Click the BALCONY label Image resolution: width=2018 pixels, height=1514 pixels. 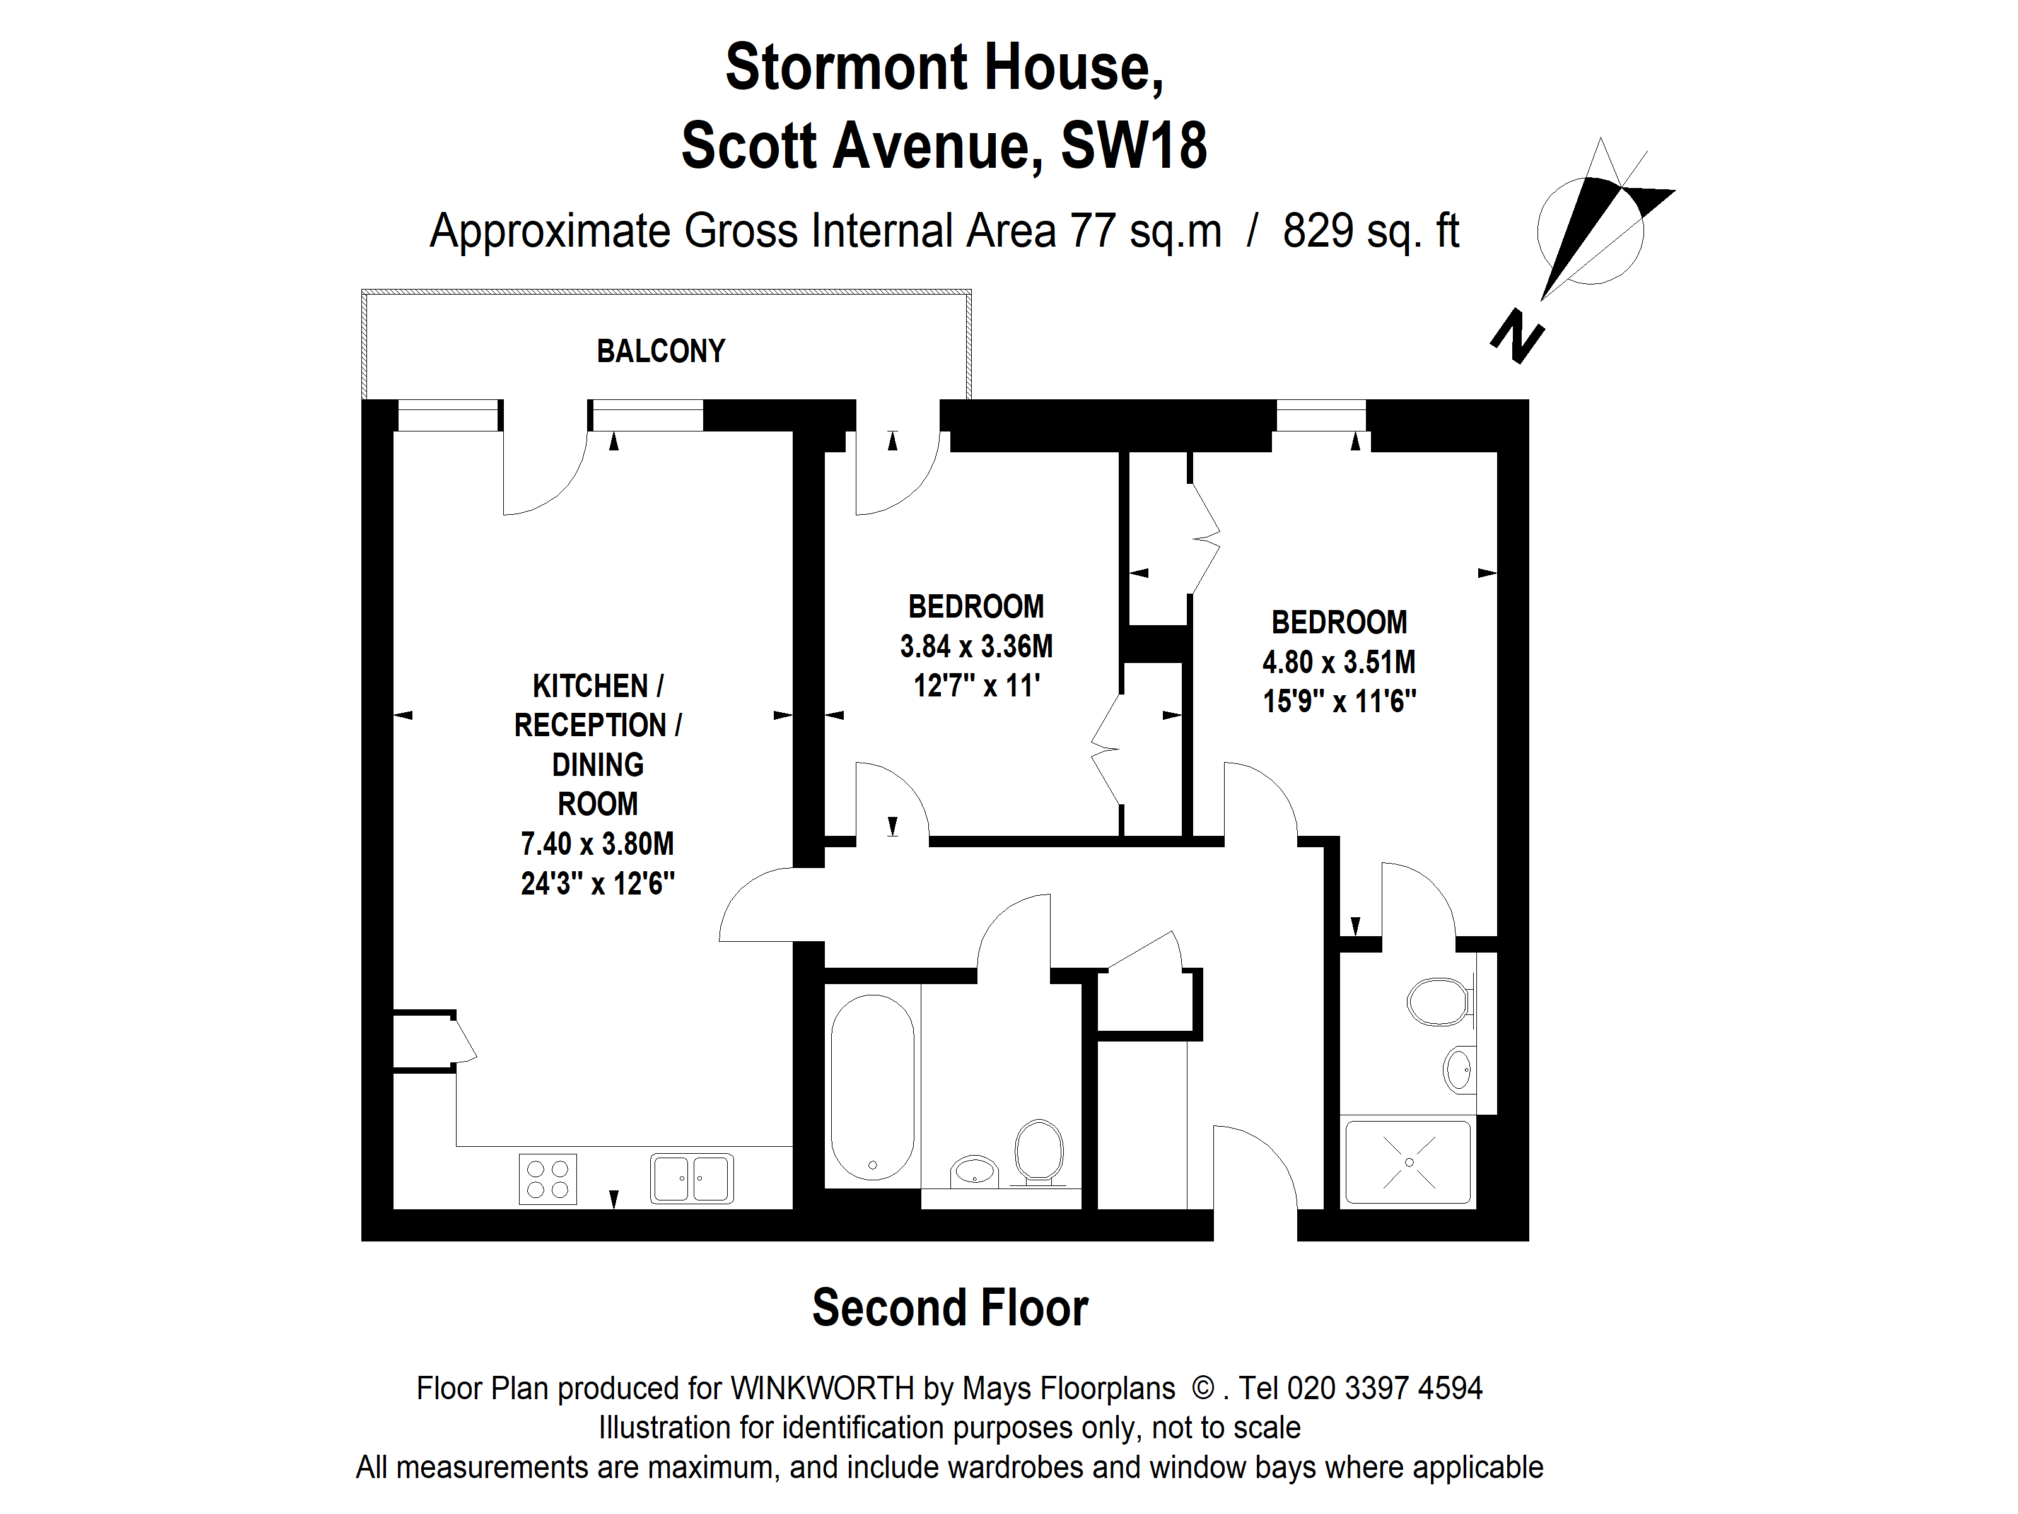[660, 351]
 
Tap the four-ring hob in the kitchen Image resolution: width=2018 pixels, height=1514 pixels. [547, 1179]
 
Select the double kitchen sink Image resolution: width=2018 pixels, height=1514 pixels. [692, 1179]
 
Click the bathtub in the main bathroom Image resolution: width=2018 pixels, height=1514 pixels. [872, 1087]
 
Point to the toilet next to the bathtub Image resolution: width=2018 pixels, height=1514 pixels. [1039, 1152]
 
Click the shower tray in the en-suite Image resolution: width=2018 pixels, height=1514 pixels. [1409, 1162]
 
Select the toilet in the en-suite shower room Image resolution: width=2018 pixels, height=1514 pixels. [1440, 1002]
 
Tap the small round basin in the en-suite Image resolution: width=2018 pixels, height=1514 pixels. [1459, 1069]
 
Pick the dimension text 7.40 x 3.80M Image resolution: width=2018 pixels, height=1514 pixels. [598, 844]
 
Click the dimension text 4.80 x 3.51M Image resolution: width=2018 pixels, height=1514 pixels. [1338, 662]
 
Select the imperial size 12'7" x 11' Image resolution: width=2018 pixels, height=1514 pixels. [976, 685]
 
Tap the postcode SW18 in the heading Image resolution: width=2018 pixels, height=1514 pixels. [1133, 146]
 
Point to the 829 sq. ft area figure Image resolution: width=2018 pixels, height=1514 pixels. [1370, 231]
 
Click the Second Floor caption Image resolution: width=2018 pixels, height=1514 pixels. [950, 1308]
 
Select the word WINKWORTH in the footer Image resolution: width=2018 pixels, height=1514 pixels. [822, 1388]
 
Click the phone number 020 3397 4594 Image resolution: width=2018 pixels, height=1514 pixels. [1384, 1388]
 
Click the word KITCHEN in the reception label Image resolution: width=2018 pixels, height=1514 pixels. [590, 686]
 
